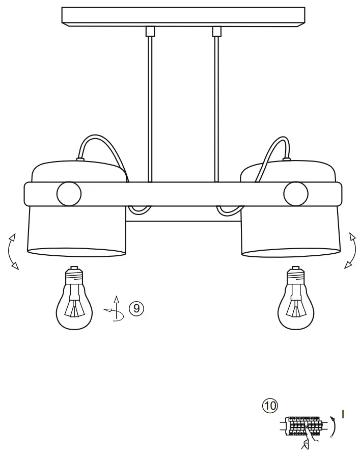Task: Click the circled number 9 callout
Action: click(136, 308)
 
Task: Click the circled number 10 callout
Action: click(270, 406)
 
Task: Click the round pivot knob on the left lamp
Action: click(69, 193)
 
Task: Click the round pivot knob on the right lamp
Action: click(296, 193)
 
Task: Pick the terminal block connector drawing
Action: click(302, 425)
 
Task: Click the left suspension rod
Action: click(150, 107)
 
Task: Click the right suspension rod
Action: click(216, 107)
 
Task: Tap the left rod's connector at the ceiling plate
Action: click(150, 31)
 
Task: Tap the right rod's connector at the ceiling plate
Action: click(216, 31)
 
